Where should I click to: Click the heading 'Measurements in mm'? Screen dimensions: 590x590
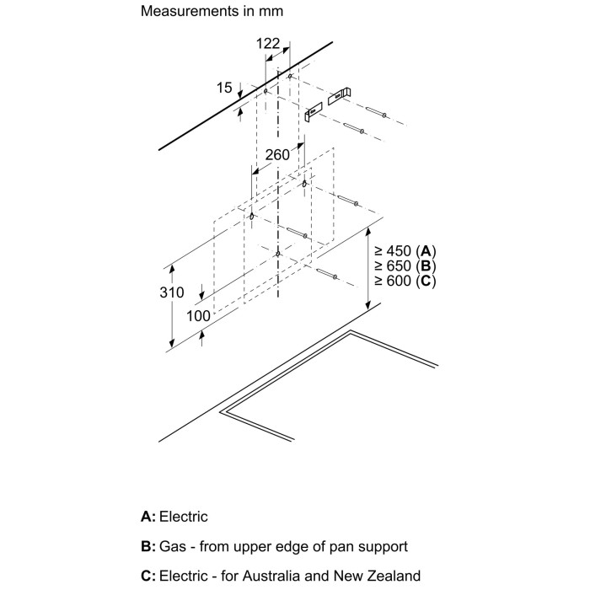point(212,12)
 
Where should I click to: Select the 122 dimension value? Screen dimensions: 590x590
point(268,44)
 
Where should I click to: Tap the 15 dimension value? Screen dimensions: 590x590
point(224,87)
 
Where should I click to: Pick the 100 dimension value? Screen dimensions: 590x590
point(198,315)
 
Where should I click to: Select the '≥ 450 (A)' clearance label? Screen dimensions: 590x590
point(405,251)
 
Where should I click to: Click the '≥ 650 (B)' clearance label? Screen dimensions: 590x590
point(405,265)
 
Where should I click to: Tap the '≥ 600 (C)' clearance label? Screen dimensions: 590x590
point(405,280)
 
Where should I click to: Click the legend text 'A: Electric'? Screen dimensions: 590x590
point(174,517)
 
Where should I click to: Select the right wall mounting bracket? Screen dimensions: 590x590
point(341,95)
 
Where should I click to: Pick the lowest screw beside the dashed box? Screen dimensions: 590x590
point(328,275)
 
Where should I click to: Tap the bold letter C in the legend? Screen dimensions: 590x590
point(147,577)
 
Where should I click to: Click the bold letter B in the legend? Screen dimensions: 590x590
point(147,546)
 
